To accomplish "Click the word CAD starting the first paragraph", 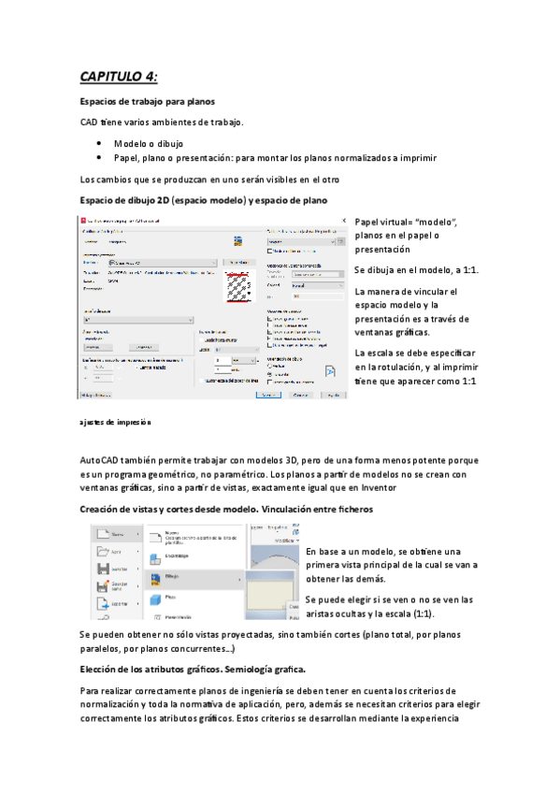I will tap(90, 123).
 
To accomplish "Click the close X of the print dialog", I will tap(342, 221).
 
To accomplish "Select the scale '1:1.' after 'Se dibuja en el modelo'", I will tap(468, 270).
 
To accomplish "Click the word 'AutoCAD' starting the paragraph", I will tap(101, 461).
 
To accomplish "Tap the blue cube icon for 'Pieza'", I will tap(149, 596).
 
